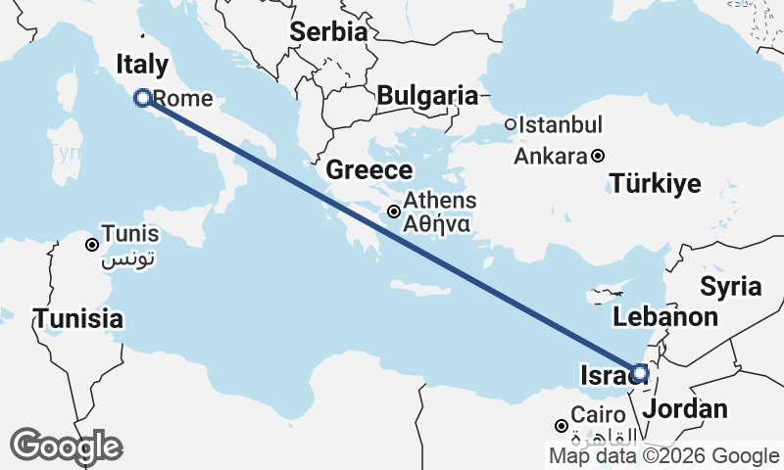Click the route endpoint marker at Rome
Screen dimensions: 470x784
[x=143, y=97]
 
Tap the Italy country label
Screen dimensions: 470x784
[x=142, y=65]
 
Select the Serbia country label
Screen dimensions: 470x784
[x=328, y=31]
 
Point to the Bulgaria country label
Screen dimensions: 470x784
[x=427, y=96]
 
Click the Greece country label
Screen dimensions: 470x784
[x=368, y=169]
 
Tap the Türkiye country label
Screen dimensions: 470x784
[x=656, y=183]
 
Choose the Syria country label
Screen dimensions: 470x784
[x=730, y=286]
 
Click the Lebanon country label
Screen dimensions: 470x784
[x=665, y=316]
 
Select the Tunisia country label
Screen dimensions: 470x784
[x=78, y=318]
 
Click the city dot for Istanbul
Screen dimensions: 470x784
[x=511, y=124]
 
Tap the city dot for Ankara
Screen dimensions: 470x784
[x=598, y=156]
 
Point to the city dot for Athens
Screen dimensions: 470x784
[x=394, y=211]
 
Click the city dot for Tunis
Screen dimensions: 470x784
[x=91, y=245]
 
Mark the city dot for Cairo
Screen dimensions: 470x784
[x=561, y=426]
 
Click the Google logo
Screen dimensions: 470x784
[x=66, y=446]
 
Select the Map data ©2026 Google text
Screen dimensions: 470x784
[x=663, y=455]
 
